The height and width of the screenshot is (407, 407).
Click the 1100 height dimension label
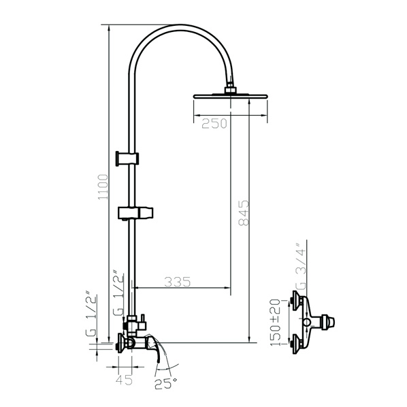[103, 186]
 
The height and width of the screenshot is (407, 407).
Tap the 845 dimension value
[244, 212]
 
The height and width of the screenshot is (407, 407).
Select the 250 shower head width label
[214, 124]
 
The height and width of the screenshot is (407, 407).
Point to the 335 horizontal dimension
[178, 282]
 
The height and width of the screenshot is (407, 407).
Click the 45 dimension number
[124, 380]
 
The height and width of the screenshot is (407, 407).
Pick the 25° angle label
[165, 384]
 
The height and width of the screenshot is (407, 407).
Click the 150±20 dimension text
[275, 323]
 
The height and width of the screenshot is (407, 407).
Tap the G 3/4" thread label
[301, 267]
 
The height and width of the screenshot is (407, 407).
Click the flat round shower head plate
[230, 96]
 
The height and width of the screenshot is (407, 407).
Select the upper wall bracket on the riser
[127, 158]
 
